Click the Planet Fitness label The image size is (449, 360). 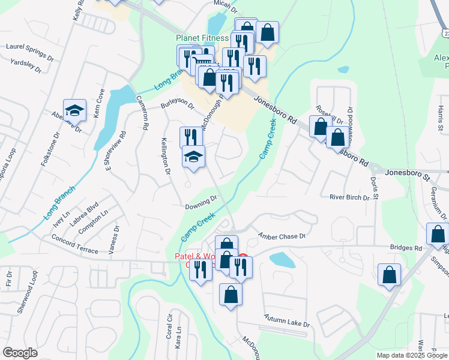tap(202, 38)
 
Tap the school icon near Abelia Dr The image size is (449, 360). tap(74, 110)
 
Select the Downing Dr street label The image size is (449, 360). tap(201, 202)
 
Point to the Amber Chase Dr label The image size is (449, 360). tap(282, 236)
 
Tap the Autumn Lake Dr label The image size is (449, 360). tap(287, 320)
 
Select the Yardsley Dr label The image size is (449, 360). tap(26, 65)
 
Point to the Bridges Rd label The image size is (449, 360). tap(406, 247)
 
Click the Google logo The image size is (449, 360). tap(20, 353)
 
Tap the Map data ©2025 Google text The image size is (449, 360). tap(411, 355)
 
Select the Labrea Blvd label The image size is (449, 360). tap(84, 211)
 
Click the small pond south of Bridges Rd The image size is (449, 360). tap(281, 259)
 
